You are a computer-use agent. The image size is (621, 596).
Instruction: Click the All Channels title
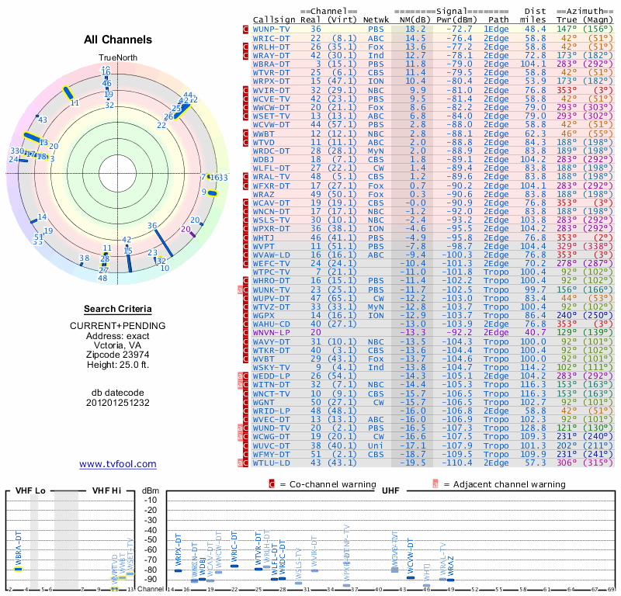pos(118,40)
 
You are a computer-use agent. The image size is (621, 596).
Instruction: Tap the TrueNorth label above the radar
pos(117,58)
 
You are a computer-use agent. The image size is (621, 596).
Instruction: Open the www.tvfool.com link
pos(118,464)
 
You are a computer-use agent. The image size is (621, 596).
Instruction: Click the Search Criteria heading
pos(118,309)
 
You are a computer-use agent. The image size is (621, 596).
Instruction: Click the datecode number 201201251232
pos(118,403)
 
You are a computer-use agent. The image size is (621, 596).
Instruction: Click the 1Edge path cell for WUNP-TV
pos(497,28)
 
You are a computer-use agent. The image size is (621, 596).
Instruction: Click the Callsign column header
pos(275,19)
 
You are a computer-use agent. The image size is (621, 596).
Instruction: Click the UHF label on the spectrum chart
pos(390,490)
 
